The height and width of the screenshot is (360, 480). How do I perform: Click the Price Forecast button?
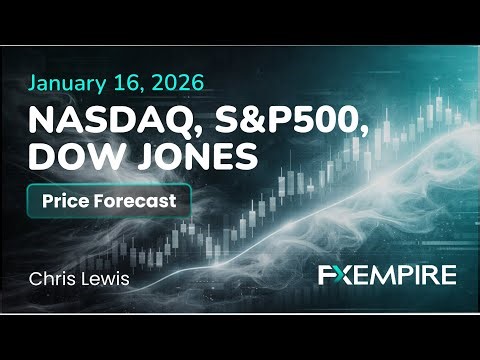(109, 200)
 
